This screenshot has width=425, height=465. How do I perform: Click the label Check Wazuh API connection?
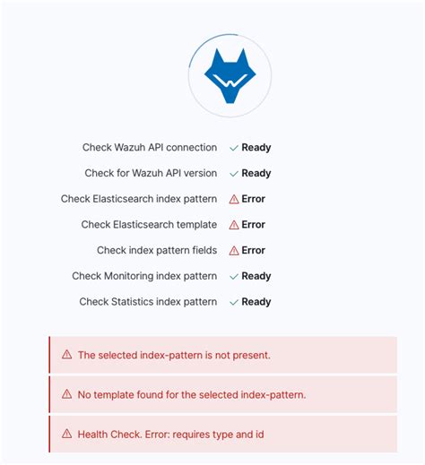pyautogui.click(x=150, y=148)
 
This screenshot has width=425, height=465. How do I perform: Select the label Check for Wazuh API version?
pyautogui.click(x=151, y=173)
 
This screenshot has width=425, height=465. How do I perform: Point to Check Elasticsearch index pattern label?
pyautogui.click(x=139, y=199)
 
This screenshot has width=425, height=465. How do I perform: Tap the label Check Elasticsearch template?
pyautogui.click(x=149, y=225)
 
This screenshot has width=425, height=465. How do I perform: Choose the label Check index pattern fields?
pyautogui.click(x=157, y=251)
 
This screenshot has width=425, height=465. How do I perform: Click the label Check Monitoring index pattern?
pyautogui.click(x=144, y=276)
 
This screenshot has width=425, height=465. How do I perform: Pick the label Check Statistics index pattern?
pyautogui.click(x=148, y=302)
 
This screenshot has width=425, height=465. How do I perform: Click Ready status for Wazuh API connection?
pyautogui.click(x=256, y=148)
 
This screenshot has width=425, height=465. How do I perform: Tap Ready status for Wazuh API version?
pyautogui.click(x=256, y=173)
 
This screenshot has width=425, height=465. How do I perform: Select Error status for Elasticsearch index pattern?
pyautogui.click(x=254, y=199)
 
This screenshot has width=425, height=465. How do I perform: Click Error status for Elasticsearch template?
pyautogui.click(x=254, y=225)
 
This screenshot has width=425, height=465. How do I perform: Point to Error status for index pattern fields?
pyautogui.click(x=254, y=251)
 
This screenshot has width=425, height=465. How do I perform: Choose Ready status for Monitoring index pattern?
pyautogui.click(x=256, y=276)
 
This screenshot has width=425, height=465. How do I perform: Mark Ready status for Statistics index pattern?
pyautogui.click(x=256, y=302)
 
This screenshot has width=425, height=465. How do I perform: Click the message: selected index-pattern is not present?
pyautogui.click(x=174, y=355)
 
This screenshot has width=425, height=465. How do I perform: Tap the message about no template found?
pyautogui.click(x=192, y=394)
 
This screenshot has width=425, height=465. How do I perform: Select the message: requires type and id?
pyautogui.click(x=170, y=434)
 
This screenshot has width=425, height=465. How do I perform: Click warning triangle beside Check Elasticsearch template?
pyautogui.click(x=235, y=225)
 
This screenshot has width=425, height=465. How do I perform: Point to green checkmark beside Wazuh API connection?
pyautogui.click(x=234, y=148)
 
